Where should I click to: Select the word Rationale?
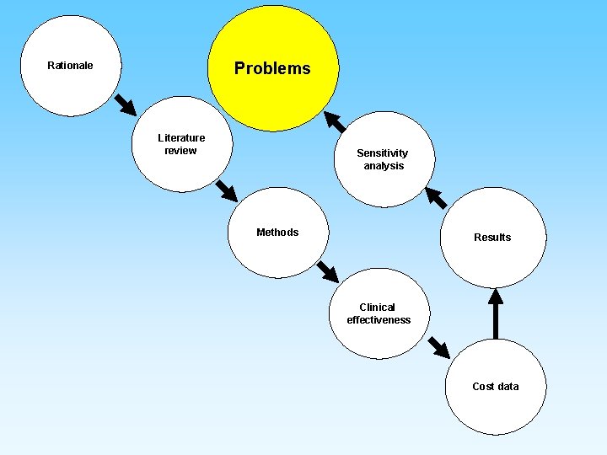pyautogui.click(x=70, y=66)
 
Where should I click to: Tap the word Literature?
pyautogui.click(x=181, y=138)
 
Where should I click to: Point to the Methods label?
pyautogui.click(x=277, y=233)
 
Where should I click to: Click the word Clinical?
pyautogui.click(x=377, y=308)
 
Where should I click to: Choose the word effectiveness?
pyautogui.click(x=379, y=320)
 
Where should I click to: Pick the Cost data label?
pyautogui.click(x=496, y=387)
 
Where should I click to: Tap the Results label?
pyautogui.click(x=492, y=238)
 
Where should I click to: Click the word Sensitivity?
pyautogui.click(x=382, y=153)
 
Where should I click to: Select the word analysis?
pyautogui.click(x=384, y=166)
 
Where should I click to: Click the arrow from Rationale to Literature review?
pyautogui.click(x=125, y=104)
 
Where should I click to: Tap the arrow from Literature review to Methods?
pyautogui.click(x=226, y=190)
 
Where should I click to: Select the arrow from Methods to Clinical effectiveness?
pyautogui.click(x=327, y=271)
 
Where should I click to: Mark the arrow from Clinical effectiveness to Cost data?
pyautogui.click(x=438, y=346)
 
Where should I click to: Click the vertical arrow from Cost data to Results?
pyautogui.click(x=496, y=313)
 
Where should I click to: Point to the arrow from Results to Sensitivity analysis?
pyautogui.click(x=436, y=198)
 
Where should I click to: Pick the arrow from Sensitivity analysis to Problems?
pyautogui.click(x=335, y=122)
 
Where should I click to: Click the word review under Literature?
pyautogui.click(x=180, y=151)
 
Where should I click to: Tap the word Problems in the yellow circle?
pyautogui.click(x=272, y=69)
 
